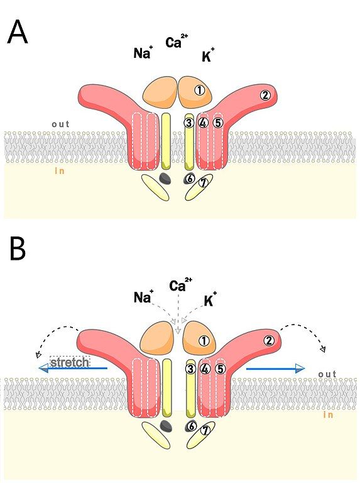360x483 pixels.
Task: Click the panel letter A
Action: tap(18, 32)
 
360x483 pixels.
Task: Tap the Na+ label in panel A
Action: tap(143, 52)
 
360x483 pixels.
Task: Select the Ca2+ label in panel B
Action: tap(180, 284)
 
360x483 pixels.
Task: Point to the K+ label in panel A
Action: tap(209, 55)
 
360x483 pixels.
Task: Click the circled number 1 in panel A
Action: tap(199, 91)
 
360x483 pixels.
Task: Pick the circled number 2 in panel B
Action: tap(269, 341)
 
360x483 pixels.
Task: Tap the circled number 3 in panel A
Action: tap(189, 123)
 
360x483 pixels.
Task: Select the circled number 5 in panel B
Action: tap(221, 369)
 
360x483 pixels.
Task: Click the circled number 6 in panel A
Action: tap(190, 179)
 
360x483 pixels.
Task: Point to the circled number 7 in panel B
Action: tap(205, 430)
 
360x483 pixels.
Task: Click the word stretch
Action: tap(70, 362)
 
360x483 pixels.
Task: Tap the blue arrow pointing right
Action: tap(276, 368)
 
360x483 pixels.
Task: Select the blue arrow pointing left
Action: tap(74, 368)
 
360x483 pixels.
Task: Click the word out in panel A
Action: tap(60, 124)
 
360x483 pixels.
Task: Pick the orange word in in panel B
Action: tap(328, 414)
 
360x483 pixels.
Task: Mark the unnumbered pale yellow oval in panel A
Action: tap(155, 187)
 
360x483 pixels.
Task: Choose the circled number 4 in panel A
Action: tap(203, 123)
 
